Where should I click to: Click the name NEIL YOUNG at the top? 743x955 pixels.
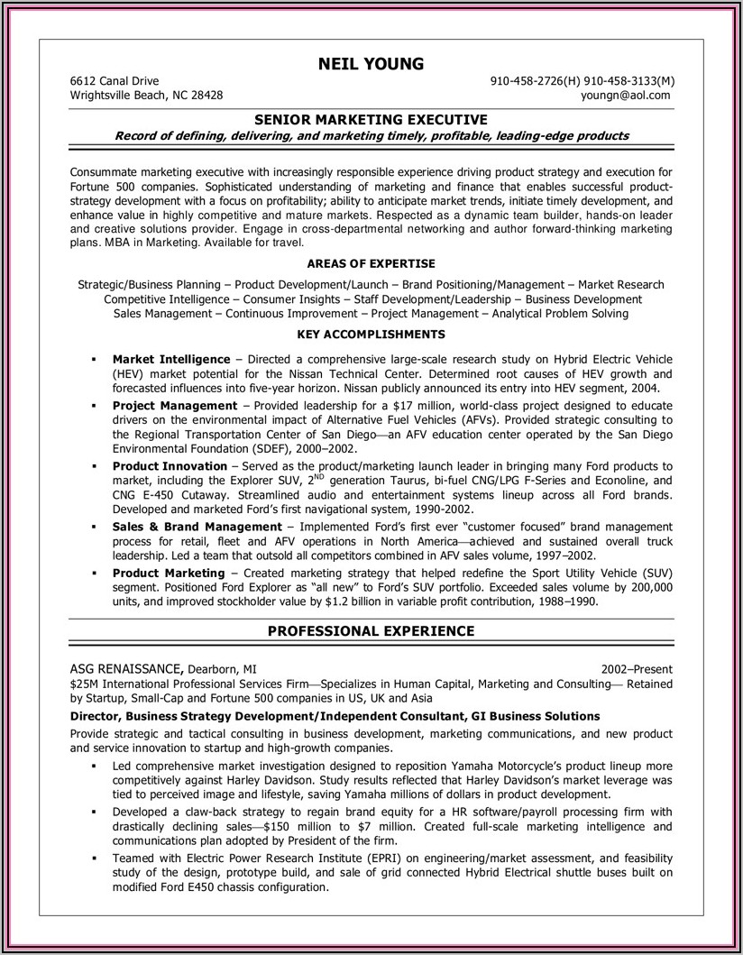371,63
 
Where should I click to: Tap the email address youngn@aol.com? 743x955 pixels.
626,95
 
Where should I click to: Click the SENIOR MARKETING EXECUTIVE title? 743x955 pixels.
371,119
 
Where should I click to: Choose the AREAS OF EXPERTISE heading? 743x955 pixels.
371,263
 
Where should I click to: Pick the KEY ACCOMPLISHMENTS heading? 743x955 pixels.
371,334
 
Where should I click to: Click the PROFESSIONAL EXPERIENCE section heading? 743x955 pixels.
371,631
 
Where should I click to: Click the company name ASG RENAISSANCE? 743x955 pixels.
127,668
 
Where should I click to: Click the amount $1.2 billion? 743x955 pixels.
375,601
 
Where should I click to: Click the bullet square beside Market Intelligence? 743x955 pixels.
93,359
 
